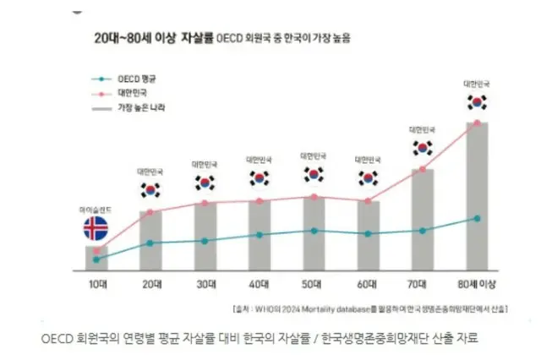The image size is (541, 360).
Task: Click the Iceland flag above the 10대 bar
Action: (96, 228)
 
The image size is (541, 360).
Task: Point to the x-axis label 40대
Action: (259, 285)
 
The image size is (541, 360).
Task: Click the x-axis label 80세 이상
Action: (477, 285)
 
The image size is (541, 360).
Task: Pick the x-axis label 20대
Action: (150, 285)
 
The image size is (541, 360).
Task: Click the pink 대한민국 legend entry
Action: (134, 94)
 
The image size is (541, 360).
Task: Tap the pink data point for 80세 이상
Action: (477, 123)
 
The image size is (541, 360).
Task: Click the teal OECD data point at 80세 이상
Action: (477, 218)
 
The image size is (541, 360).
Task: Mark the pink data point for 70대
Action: (423, 170)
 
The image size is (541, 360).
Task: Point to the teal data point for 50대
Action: (314, 230)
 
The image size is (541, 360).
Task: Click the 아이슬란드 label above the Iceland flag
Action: (96, 208)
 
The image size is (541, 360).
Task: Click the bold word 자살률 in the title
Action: (196, 39)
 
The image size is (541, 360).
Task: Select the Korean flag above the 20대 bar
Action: (150, 190)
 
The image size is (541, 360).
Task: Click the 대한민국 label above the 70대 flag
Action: (423, 129)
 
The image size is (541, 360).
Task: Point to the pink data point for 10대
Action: (96, 250)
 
